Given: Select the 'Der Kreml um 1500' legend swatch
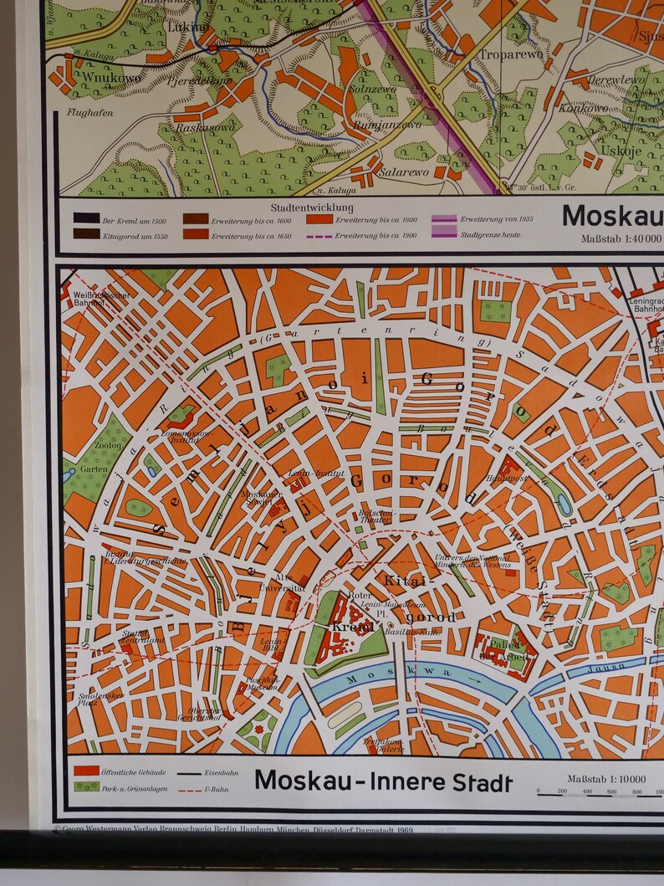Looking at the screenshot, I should click(x=86, y=218).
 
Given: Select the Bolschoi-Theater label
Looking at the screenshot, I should click(x=376, y=516).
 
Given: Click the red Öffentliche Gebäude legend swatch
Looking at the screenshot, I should click(x=86, y=771).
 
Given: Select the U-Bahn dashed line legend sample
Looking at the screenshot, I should click(x=190, y=788).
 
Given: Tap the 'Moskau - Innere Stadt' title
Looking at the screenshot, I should click(x=383, y=781).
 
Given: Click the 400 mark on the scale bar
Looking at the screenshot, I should click(x=586, y=791).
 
